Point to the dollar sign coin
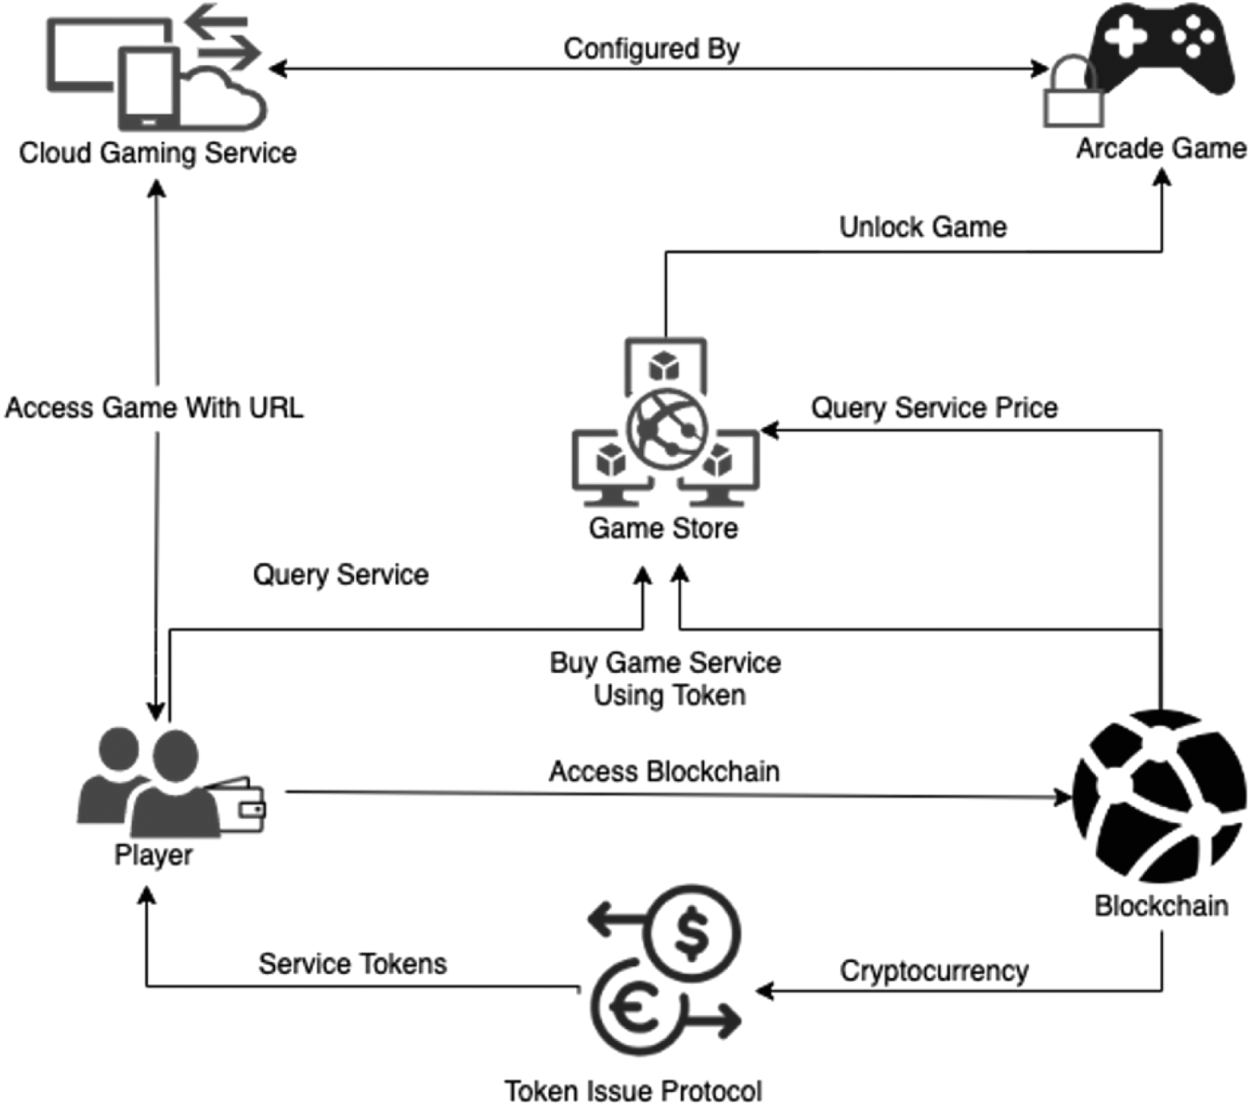pyautogui.click(x=694, y=934)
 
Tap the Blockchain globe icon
pyautogui.click(x=1159, y=796)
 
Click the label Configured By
pyautogui.click(x=651, y=49)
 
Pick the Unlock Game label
pyautogui.click(x=922, y=228)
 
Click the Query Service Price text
pyautogui.click(x=934, y=407)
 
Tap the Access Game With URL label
pyautogui.click(x=154, y=407)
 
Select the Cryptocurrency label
pyautogui.click(x=934, y=971)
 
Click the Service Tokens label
pyautogui.click(x=352, y=964)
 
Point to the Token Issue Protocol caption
pyautogui.click(x=633, y=1091)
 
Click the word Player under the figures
pyautogui.click(x=153, y=855)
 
